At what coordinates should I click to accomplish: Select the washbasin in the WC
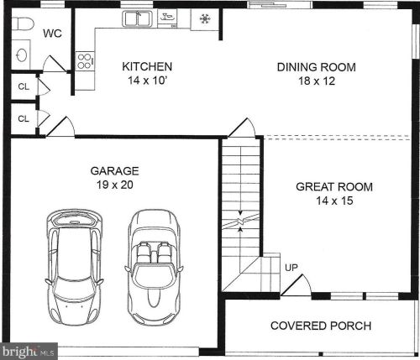point(22,55)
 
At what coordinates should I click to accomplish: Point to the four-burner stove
point(85,60)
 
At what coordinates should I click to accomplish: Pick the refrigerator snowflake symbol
point(204,18)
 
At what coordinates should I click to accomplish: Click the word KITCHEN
point(148,66)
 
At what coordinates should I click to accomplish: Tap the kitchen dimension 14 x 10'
point(148,81)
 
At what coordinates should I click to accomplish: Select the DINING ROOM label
point(317,68)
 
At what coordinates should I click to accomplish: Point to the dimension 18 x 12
point(317,82)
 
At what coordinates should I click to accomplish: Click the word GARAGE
point(115,171)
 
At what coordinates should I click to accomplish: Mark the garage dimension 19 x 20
point(115,185)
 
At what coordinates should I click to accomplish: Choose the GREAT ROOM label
point(334,187)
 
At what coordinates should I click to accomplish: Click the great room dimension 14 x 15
point(334,201)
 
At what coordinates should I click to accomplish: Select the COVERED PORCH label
point(319,326)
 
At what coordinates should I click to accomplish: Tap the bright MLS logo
point(29,350)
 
